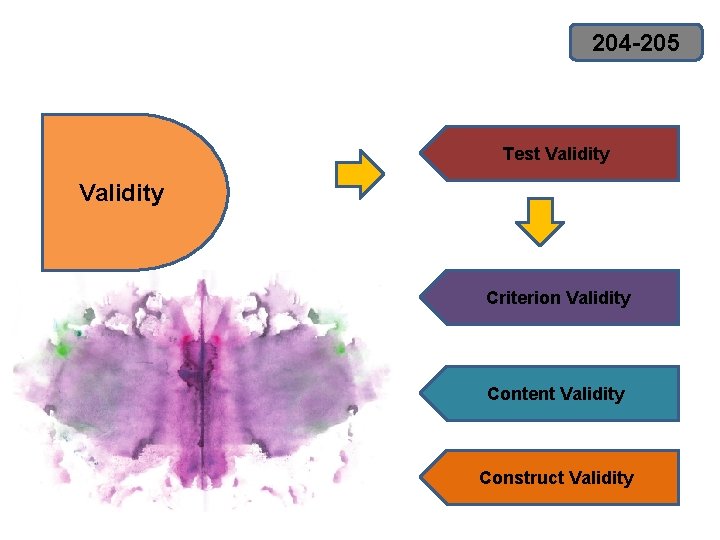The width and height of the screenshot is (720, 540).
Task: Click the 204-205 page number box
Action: tap(636, 43)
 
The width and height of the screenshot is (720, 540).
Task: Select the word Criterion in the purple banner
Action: tap(523, 298)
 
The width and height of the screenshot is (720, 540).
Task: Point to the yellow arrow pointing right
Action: tap(359, 174)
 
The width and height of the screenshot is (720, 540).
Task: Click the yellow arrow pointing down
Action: tap(540, 221)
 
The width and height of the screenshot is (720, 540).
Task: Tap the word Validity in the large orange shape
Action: tap(121, 193)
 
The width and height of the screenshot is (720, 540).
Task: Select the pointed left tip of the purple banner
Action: tap(422, 298)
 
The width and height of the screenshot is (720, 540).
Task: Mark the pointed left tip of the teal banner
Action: tap(422, 393)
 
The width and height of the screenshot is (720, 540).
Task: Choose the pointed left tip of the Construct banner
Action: tap(422, 478)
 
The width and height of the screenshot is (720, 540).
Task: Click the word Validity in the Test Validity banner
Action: tap(577, 154)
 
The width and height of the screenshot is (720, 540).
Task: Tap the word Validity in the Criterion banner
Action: tap(598, 298)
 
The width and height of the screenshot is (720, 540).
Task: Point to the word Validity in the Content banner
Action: tap(592, 394)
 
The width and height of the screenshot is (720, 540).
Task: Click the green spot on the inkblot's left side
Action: tap(65, 349)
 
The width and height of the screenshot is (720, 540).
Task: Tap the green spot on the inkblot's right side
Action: tap(340, 349)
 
